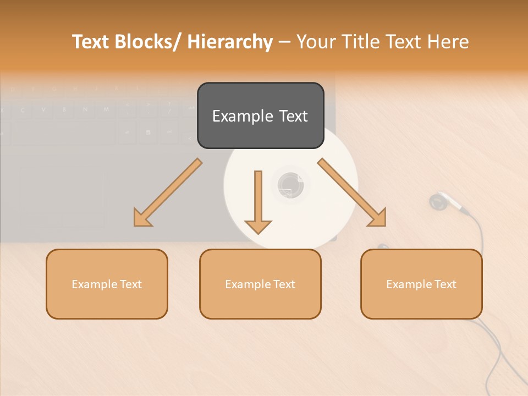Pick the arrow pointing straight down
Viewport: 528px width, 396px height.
(258, 201)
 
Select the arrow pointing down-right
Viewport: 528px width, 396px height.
(353, 193)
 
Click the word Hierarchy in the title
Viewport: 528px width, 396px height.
(230, 42)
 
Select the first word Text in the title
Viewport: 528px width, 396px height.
(91, 42)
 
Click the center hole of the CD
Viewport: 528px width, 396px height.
(290, 185)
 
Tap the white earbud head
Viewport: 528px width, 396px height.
(438, 202)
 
